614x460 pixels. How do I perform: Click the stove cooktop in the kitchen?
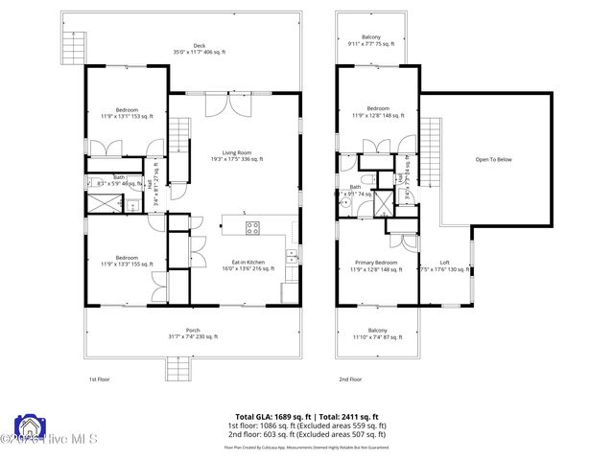tap(253, 227)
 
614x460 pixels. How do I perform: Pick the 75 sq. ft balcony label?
tap(372, 40)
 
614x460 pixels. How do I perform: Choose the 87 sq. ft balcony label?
tap(372, 333)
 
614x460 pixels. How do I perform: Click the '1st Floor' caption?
tap(100, 379)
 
